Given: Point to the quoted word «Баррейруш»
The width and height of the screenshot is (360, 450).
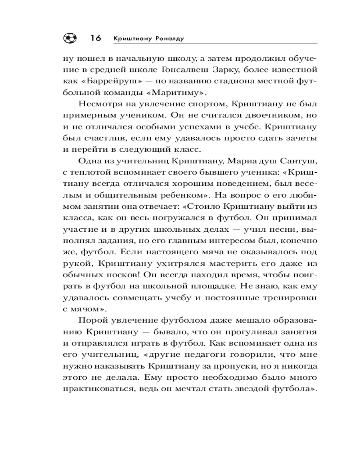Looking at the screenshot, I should coord(103,82).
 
